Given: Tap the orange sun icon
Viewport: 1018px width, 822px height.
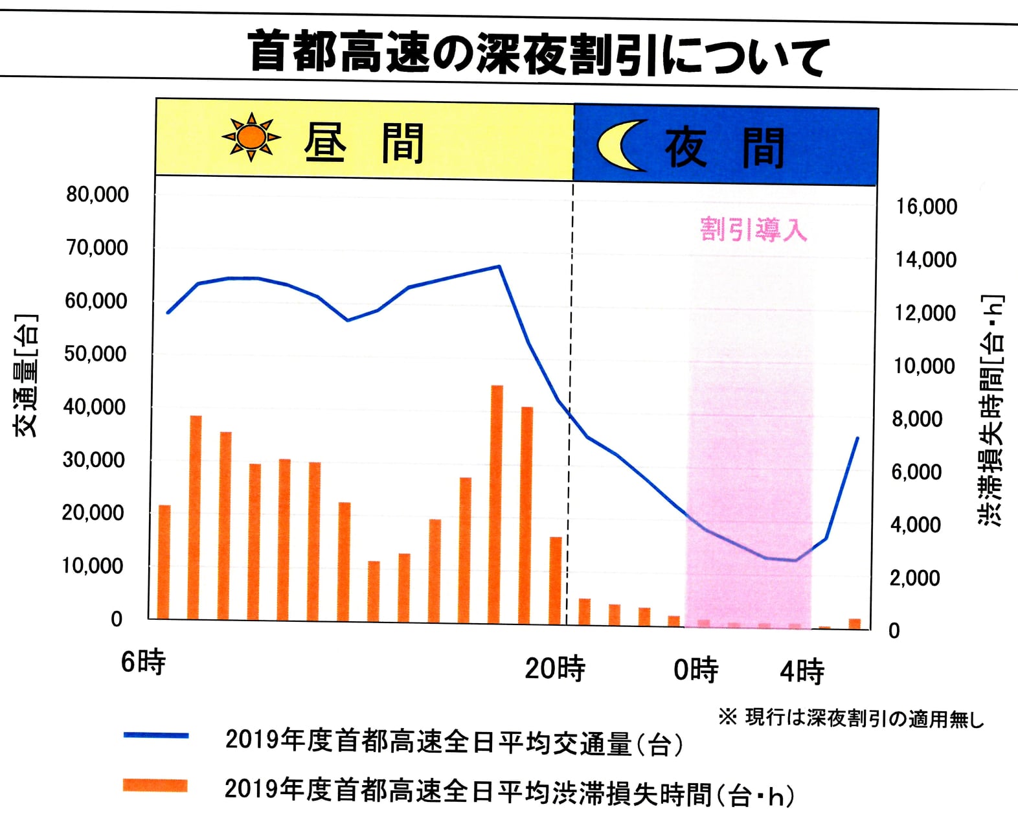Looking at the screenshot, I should click(x=251, y=137).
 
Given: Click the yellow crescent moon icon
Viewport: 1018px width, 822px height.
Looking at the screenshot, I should click(x=620, y=146).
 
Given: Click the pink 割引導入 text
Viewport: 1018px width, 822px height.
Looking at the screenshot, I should click(x=753, y=229).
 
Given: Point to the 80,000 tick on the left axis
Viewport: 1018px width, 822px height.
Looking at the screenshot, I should click(x=97, y=194).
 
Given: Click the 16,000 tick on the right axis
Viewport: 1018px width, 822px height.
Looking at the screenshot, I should click(x=926, y=207).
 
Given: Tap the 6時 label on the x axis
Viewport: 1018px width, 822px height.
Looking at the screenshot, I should click(x=143, y=662).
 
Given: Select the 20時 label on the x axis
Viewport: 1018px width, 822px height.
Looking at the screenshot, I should click(x=555, y=668).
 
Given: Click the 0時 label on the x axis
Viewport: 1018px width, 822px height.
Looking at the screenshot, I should click(x=696, y=670).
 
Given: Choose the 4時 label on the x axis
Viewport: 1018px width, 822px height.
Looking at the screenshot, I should click(x=802, y=671).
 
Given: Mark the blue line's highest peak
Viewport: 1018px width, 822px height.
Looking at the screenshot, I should click(x=499, y=266).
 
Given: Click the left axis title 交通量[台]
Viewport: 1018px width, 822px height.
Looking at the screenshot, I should click(x=27, y=375).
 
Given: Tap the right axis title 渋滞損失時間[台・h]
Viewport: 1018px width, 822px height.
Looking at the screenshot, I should click(x=991, y=410).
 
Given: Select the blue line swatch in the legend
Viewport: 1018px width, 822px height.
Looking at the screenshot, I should click(x=156, y=735).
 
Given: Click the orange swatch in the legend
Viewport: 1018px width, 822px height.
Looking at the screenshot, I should click(x=155, y=786).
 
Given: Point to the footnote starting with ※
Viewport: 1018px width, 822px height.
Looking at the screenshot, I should click(x=851, y=718).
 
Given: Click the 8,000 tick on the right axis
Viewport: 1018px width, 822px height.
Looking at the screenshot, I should click(x=917, y=419).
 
